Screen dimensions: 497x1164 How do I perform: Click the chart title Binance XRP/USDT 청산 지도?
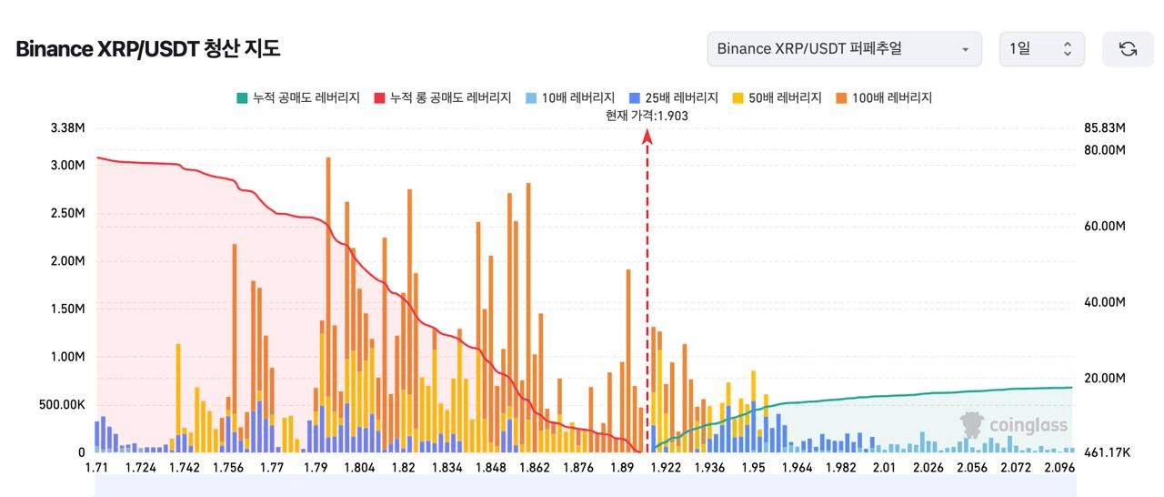click(x=148, y=49)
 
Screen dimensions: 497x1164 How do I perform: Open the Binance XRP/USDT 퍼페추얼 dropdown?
click(x=844, y=49)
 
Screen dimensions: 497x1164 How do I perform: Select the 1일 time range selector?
click(x=1041, y=49)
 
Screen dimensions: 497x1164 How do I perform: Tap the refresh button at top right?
click(x=1128, y=49)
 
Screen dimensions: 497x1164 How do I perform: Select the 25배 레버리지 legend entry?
click(x=673, y=97)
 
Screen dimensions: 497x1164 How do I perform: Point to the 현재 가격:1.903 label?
click(x=647, y=115)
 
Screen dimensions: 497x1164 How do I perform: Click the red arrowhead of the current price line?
click(x=647, y=136)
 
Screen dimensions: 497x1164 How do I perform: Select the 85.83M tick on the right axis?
click(x=1106, y=127)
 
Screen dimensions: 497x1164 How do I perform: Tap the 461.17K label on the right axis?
click(x=1107, y=452)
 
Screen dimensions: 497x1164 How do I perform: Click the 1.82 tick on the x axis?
click(x=403, y=468)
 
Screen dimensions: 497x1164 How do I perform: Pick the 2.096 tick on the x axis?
click(x=1059, y=468)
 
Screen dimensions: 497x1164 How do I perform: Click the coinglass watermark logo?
click(x=1015, y=425)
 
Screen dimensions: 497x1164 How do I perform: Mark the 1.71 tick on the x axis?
click(x=95, y=468)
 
